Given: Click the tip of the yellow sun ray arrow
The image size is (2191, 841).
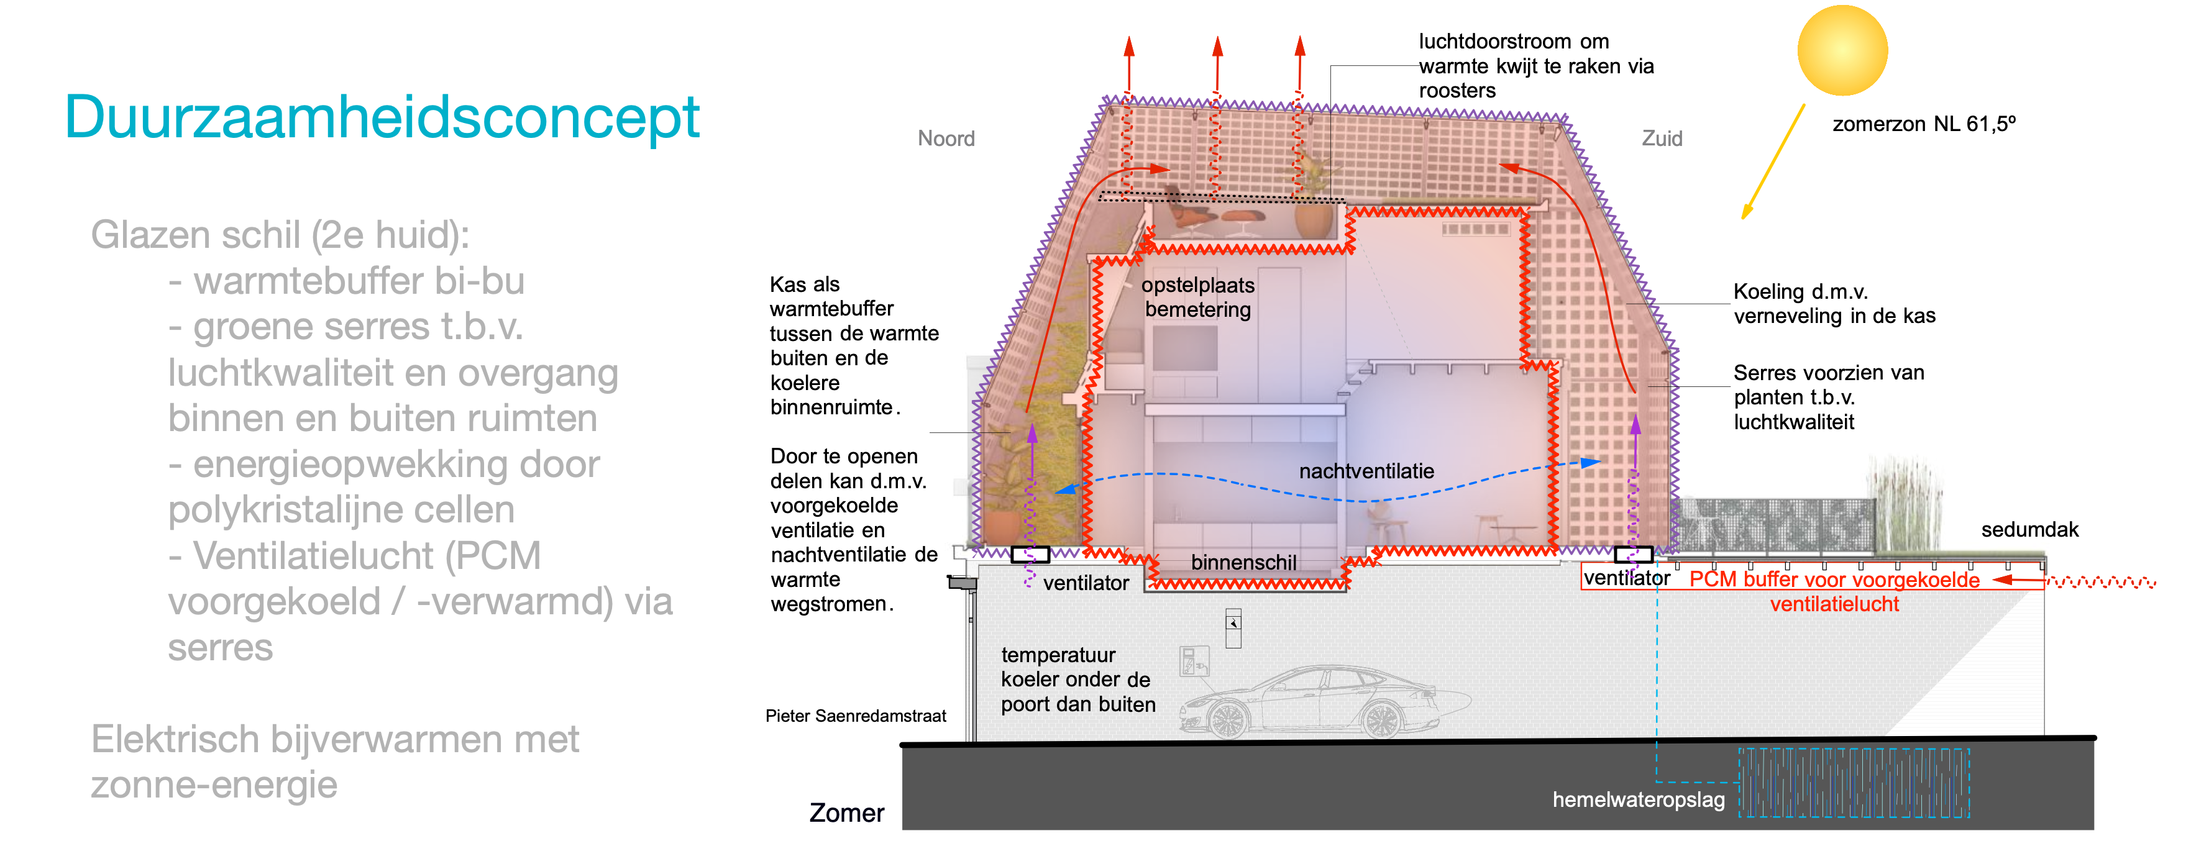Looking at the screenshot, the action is click(x=1743, y=219).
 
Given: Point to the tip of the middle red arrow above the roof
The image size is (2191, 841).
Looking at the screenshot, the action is click(x=1217, y=37).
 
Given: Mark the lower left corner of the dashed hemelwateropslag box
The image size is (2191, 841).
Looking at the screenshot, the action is click(x=1739, y=817).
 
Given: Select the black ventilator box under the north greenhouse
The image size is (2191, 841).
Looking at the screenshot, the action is click(x=1030, y=555).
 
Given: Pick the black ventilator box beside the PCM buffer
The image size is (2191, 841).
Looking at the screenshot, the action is click(x=1633, y=555).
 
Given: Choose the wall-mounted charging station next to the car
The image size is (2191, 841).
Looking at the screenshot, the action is click(x=1194, y=661).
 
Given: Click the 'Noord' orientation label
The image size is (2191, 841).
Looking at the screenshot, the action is click(x=946, y=139).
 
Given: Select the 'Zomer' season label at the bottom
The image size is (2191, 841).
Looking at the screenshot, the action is click(x=846, y=813).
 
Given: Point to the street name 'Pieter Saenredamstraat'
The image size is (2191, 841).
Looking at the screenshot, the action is click(x=856, y=716).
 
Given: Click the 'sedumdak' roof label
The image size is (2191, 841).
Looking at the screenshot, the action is click(x=2029, y=530).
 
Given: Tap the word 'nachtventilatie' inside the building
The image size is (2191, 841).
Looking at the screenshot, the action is click(x=1366, y=471).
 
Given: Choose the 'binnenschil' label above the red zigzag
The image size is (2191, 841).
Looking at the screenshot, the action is click(x=1243, y=562).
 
